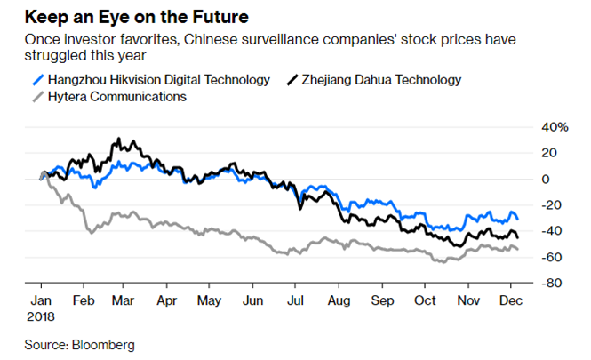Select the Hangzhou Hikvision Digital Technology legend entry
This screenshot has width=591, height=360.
click(x=158, y=80)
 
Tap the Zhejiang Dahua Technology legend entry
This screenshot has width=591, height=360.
click(x=388, y=80)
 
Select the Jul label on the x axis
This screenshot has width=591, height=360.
click(x=295, y=300)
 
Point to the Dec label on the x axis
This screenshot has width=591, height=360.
click(x=510, y=300)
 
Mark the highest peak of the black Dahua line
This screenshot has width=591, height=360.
click(x=117, y=140)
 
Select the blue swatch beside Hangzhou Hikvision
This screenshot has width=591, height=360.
click(x=36, y=80)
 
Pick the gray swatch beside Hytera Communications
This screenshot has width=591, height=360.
click(x=36, y=97)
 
